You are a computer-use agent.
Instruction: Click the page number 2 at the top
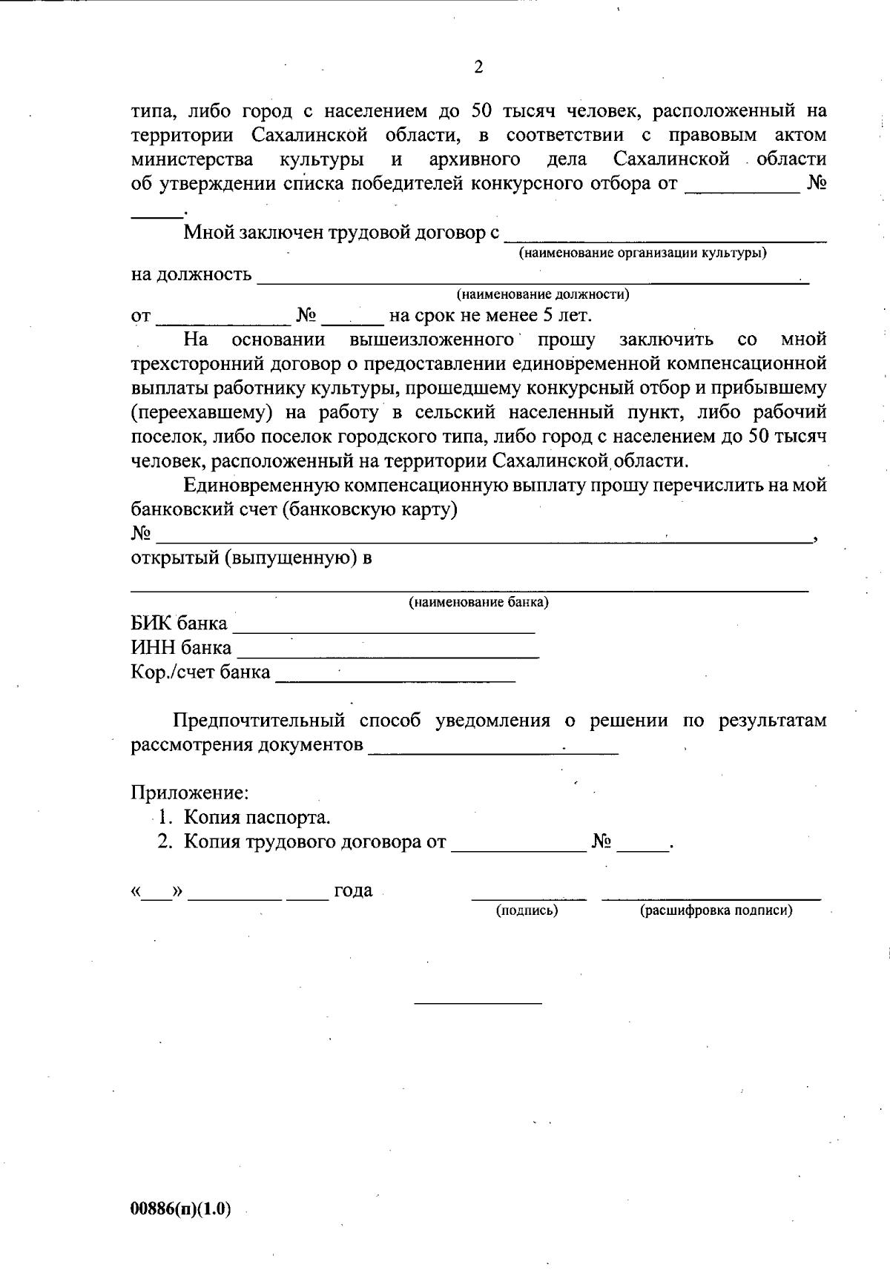tap(478, 67)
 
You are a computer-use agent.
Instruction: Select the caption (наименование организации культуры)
tap(642, 254)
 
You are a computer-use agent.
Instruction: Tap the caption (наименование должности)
tap(543, 294)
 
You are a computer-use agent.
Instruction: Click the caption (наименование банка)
tap(478, 602)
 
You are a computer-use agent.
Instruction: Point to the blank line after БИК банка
tap(383, 631)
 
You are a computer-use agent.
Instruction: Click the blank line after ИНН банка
tap(387, 655)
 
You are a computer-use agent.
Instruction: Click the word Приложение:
tap(190, 793)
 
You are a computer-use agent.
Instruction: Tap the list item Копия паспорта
tap(257, 817)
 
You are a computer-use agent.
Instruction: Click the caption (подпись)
tap(527, 910)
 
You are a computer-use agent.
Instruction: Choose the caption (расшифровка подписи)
tap(716, 910)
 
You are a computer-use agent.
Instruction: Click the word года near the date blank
tap(353, 890)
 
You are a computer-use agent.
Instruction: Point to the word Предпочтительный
tap(260, 720)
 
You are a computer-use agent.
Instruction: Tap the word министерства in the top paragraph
tap(192, 159)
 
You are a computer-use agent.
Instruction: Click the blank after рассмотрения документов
tap(492, 752)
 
